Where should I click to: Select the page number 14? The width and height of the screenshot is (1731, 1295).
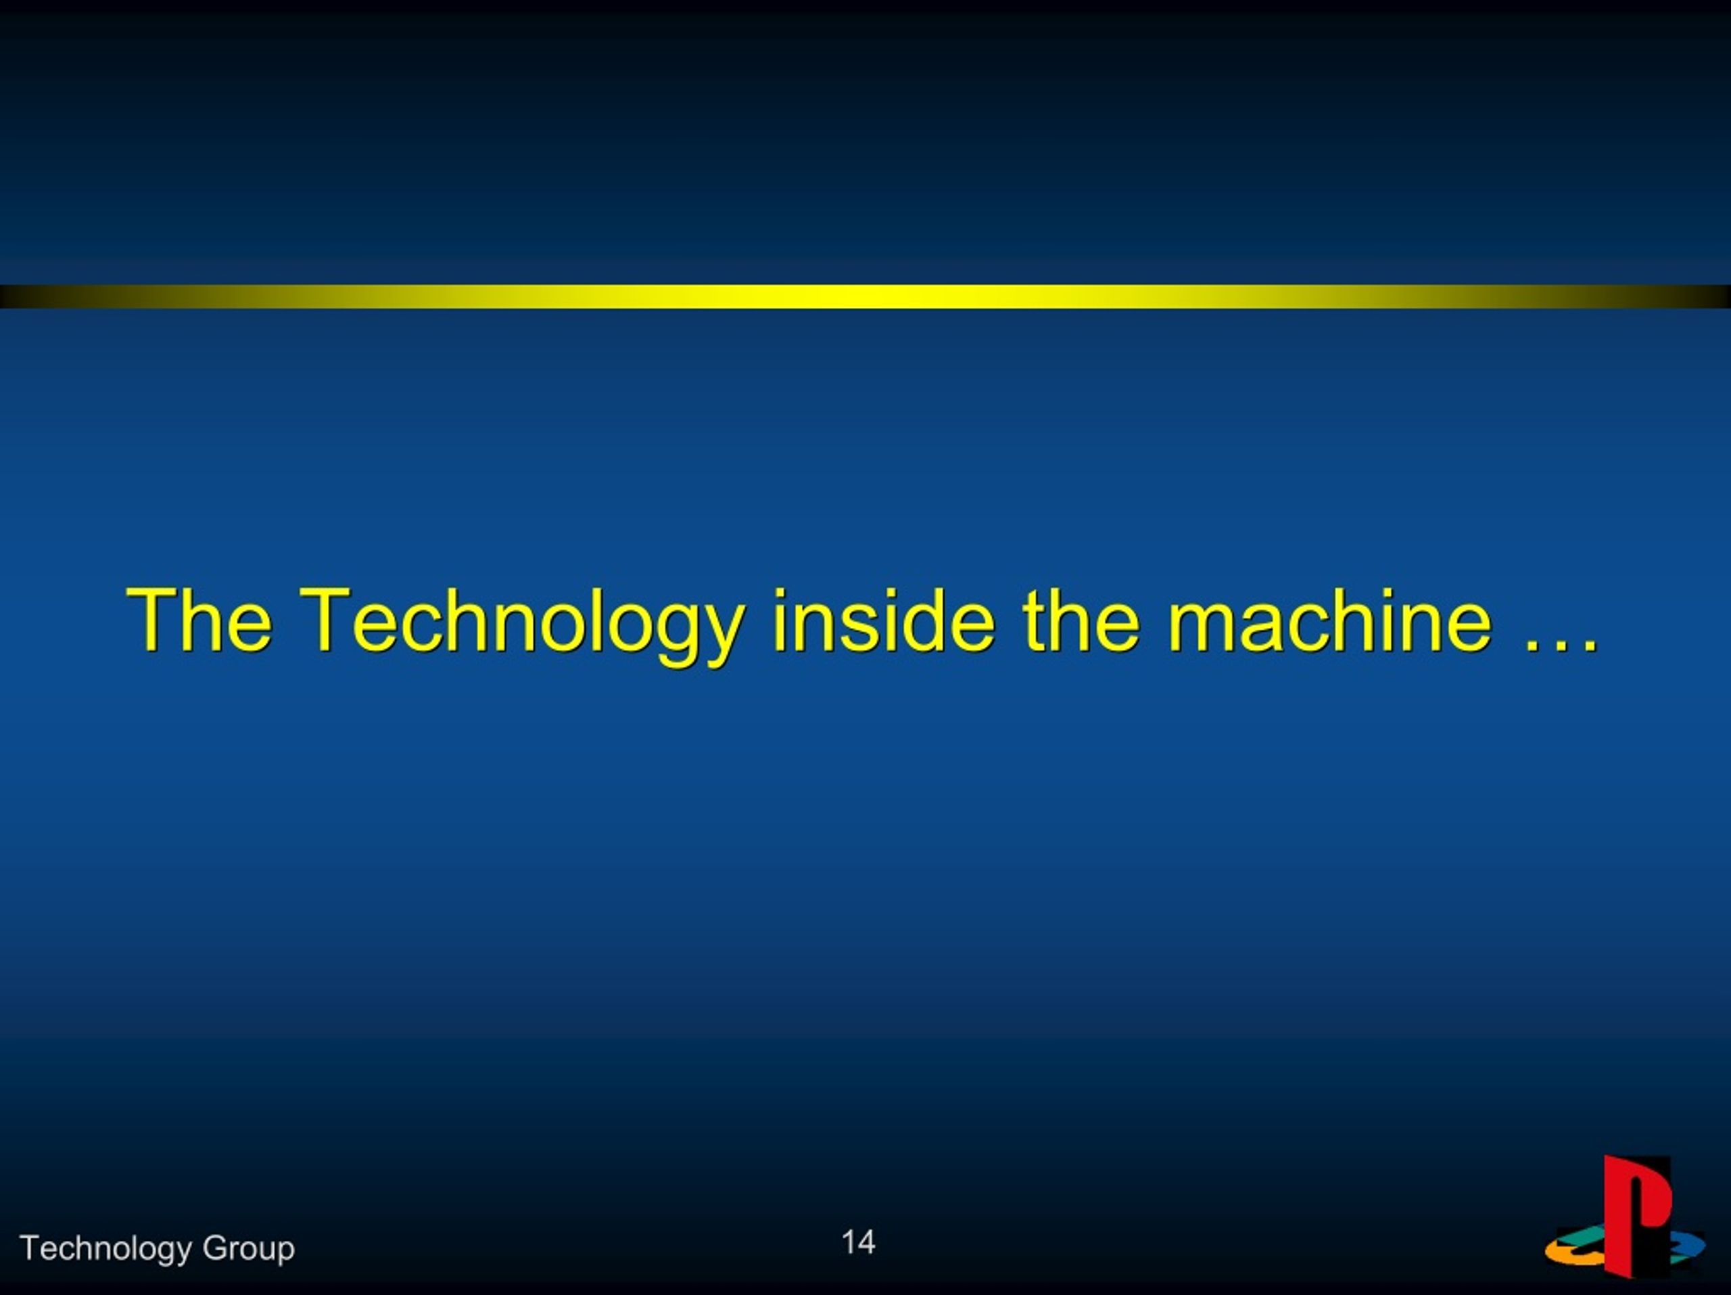[859, 1242]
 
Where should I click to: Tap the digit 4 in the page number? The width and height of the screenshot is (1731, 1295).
[866, 1242]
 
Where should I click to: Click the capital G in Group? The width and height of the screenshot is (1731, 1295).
[214, 1247]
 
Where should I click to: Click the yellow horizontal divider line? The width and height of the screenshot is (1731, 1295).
[865, 296]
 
